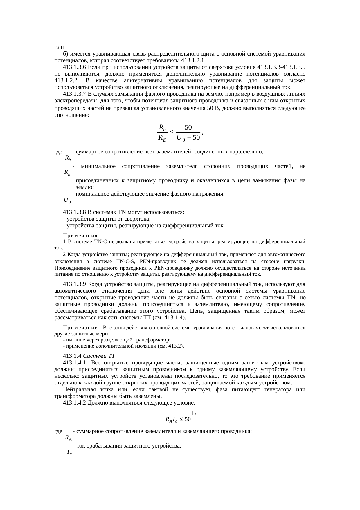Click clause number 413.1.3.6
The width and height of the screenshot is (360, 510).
pyautogui.click(x=74, y=67)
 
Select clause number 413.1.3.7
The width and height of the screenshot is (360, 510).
pyautogui.click(x=74, y=94)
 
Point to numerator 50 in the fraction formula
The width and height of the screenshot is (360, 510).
pyautogui.click(x=188, y=127)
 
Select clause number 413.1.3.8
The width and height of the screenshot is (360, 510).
pyautogui.click(x=74, y=212)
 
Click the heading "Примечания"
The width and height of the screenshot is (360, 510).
pyautogui.click(x=80, y=235)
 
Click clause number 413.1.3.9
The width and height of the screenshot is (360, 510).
pyautogui.click(x=74, y=284)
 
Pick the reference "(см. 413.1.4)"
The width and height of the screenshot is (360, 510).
pyautogui.click(x=169, y=318)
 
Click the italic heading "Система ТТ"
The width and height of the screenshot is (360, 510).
pyautogui.click(x=101, y=356)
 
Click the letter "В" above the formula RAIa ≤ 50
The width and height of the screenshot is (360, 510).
pyautogui.click(x=194, y=413)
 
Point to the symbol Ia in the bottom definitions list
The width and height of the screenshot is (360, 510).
pyautogui.click(x=69, y=452)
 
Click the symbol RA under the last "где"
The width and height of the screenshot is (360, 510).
pyautogui.click(x=69, y=437)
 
